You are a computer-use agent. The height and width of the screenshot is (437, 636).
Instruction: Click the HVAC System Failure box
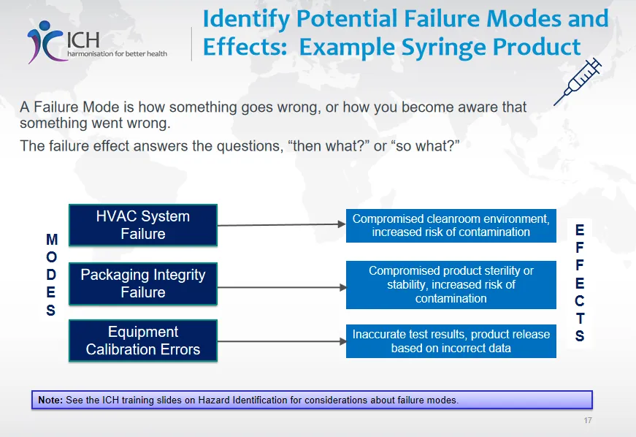[x=143, y=225]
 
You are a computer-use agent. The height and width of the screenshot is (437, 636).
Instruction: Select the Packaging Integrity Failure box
[x=143, y=284]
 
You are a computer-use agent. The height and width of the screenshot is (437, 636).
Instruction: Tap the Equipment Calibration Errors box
[x=143, y=341]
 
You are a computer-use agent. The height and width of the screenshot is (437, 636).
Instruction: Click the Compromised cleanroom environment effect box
[x=451, y=226]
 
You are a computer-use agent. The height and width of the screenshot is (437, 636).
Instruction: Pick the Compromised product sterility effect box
[x=451, y=285]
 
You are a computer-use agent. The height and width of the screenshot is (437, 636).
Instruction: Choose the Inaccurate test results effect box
[x=451, y=341]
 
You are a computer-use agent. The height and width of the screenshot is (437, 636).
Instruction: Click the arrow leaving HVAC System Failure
[x=282, y=224]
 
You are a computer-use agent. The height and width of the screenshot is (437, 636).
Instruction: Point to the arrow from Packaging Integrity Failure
[x=282, y=287]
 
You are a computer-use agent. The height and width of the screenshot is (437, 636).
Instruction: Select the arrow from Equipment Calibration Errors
[x=282, y=341]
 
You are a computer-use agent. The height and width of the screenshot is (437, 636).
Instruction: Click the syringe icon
[x=578, y=82]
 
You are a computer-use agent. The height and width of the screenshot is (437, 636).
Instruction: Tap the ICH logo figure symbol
[x=45, y=42]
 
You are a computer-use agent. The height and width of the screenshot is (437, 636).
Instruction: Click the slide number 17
[x=588, y=420]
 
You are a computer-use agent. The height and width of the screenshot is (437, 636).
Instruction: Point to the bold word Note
[x=50, y=400]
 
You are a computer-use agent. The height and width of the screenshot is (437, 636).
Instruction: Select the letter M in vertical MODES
[x=52, y=240]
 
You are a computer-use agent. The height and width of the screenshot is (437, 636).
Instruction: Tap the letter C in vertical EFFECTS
[x=580, y=300]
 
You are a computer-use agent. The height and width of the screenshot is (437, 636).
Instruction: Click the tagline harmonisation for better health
[x=118, y=53]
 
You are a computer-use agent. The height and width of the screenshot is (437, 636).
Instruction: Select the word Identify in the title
[x=246, y=20]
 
